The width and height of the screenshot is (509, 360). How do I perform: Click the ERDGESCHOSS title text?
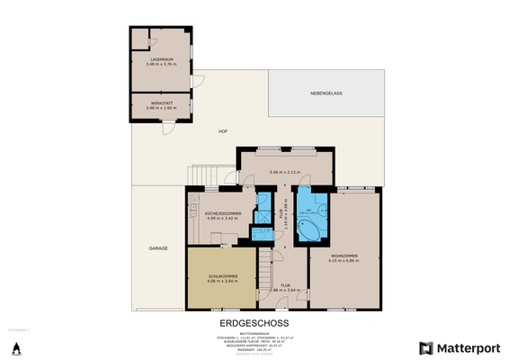coord(254,322)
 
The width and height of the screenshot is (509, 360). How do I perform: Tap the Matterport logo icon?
coord(425,348)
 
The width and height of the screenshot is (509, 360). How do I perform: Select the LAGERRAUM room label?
coord(162,58)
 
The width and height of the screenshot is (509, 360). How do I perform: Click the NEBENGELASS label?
coord(326,93)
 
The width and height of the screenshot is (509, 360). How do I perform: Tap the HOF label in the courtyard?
coord(222,131)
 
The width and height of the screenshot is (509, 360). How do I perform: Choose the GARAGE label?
coord(158,247)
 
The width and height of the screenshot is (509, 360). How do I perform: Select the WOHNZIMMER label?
coord(345,256)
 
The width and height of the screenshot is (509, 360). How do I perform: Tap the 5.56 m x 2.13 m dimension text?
coord(288,173)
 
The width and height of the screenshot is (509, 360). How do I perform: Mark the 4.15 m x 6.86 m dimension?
coord(345,262)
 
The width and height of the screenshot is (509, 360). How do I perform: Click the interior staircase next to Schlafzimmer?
coord(265,268)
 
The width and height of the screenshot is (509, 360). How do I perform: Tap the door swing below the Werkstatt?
coord(166,129)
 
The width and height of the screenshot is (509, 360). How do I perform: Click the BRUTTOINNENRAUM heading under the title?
coord(254,332)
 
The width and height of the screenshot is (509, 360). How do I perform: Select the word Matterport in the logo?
coord(467,348)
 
